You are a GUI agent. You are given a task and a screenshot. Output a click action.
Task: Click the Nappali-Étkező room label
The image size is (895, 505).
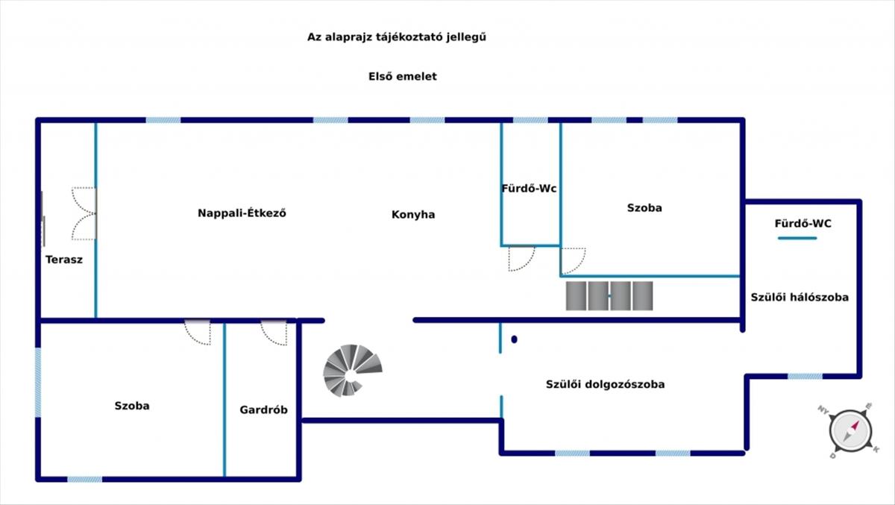pyautogui.click(x=242, y=213)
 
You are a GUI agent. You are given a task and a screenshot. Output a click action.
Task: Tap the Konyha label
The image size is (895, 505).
pyautogui.click(x=413, y=215)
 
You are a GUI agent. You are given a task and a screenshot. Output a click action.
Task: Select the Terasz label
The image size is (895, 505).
pyautogui.click(x=64, y=260)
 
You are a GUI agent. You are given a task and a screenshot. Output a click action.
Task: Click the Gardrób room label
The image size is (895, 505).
pyautogui.click(x=263, y=410)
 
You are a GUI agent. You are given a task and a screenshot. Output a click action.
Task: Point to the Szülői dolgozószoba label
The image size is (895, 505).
pyautogui.click(x=605, y=385)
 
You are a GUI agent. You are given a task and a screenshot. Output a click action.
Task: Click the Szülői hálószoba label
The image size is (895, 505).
pyautogui.click(x=799, y=297)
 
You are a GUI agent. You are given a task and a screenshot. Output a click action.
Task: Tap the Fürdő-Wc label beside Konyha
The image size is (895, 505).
pyautogui.click(x=529, y=189)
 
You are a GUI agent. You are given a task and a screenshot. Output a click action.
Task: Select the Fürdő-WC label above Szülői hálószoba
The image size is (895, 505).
pyautogui.click(x=803, y=223)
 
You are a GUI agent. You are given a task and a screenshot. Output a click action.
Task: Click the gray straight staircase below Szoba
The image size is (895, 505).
pyautogui.click(x=609, y=295)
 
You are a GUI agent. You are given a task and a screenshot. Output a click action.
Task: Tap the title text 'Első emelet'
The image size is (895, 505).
pyautogui.click(x=403, y=76)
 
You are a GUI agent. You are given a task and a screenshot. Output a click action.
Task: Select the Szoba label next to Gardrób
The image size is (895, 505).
pyautogui.click(x=132, y=406)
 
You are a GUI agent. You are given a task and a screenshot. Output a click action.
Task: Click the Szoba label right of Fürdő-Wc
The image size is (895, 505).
pyautogui.click(x=644, y=208)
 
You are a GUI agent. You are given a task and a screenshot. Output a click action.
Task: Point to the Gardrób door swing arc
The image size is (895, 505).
pyautogui.click(x=274, y=333)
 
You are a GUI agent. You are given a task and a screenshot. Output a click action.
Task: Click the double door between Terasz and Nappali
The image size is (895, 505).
pyautogui.click(x=84, y=213)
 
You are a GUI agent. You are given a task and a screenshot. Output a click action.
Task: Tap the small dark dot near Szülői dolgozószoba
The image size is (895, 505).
pyautogui.click(x=515, y=339)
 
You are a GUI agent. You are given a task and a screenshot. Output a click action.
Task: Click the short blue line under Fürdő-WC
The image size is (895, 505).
pyautogui.click(x=797, y=239)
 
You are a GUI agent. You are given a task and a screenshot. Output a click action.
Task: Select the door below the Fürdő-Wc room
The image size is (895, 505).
pyautogui.click(x=521, y=258)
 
